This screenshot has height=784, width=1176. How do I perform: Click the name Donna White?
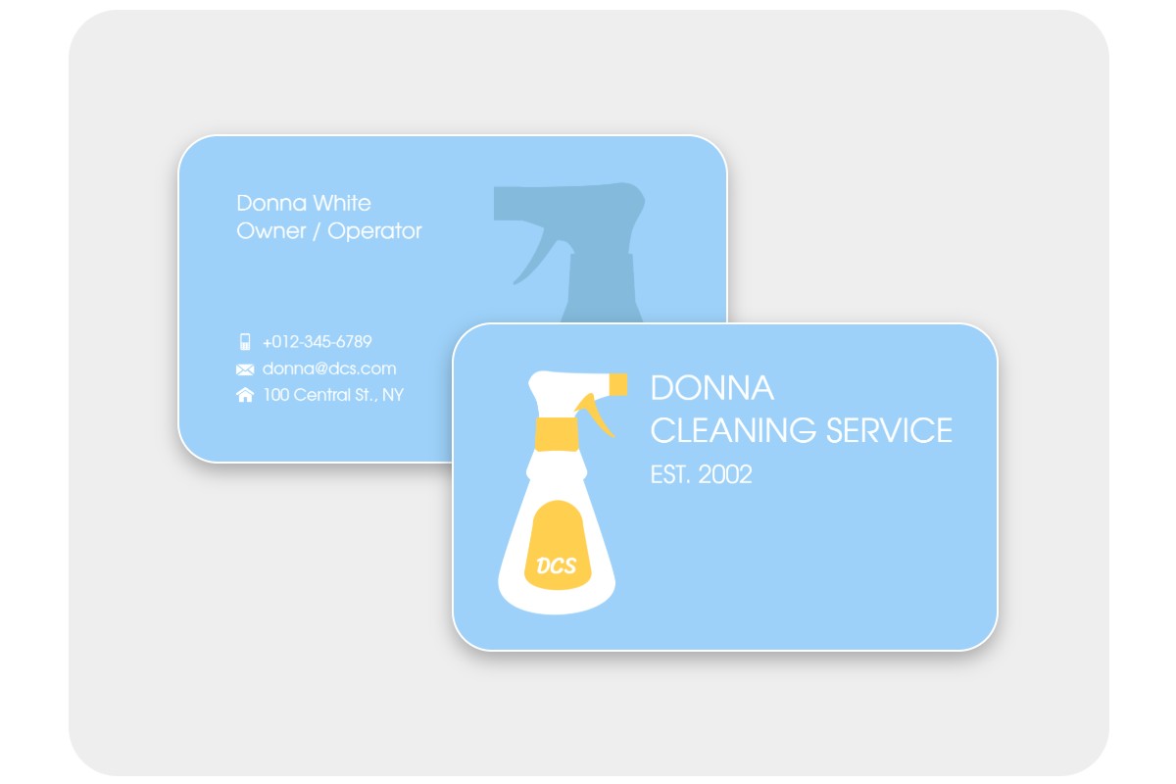pos(304,203)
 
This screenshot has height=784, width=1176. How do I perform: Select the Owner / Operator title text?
pos(329,231)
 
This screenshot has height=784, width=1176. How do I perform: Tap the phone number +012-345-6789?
pos(317,342)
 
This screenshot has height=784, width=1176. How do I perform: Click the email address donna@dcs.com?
pos(329,368)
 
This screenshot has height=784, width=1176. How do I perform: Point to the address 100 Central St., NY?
pos(333,395)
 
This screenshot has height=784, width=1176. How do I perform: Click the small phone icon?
pos(245,342)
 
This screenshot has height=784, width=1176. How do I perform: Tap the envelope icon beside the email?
pos(245,369)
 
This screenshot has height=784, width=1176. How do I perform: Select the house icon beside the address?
pos(245,395)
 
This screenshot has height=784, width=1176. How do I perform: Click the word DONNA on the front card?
pos(712,388)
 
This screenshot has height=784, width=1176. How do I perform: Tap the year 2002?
pos(725,475)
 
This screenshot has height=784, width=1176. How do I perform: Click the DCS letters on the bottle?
pos(557,565)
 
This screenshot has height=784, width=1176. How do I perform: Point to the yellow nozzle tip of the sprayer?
pos(618,383)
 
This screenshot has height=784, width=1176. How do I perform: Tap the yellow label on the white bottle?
pos(557,544)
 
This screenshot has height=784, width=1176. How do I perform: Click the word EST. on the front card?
pos(671,475)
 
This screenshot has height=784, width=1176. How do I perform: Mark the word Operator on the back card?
pos(374,231)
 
